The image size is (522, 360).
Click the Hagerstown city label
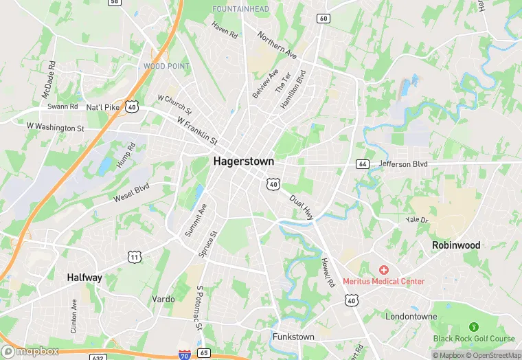point(243,161)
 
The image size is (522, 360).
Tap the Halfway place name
point(84,278)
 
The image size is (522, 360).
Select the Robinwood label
point(456,245)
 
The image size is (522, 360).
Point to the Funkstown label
point(293,337)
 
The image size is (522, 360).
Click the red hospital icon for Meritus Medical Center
point(383,269)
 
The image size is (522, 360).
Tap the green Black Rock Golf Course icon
point(473,326)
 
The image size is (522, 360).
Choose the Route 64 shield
point(362,164)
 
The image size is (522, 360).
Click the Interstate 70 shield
point(184,355)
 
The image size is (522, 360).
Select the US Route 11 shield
point(134,256)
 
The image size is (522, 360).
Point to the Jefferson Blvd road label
point(403,164)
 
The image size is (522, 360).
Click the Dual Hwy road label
point(302,207)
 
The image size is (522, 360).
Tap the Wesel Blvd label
point(131,192)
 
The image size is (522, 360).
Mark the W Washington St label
point(55,127)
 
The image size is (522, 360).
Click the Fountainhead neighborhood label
point(240,8)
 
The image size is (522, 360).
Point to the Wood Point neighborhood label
point(166,66)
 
